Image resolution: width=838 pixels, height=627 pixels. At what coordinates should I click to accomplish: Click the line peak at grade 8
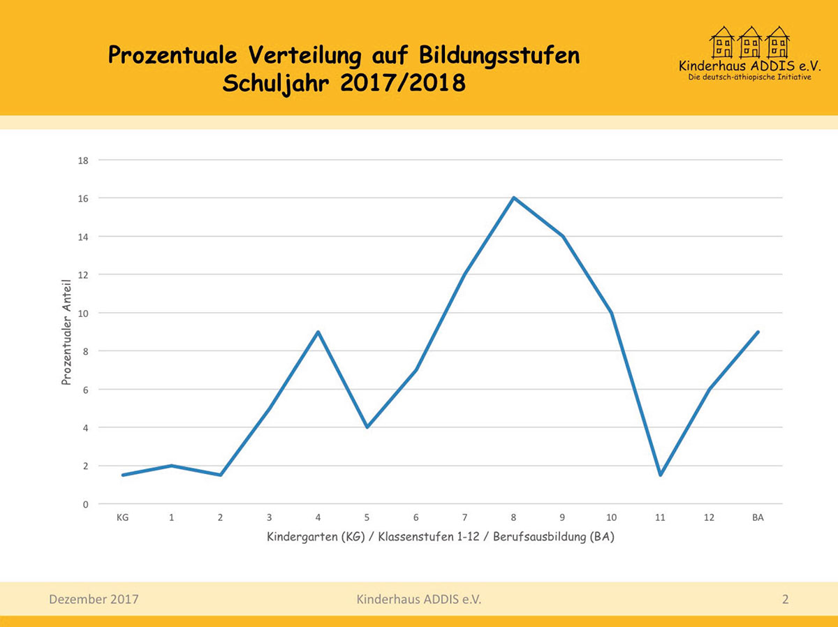coord(514,198)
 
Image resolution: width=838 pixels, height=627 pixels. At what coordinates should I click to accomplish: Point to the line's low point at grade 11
coord(660,475)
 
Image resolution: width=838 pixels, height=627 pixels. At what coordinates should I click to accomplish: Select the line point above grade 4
coord(318,332)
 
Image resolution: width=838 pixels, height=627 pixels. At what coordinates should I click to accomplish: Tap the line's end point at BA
coord(758,332)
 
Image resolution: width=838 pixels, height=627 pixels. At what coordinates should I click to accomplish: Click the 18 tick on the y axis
coord(83,160)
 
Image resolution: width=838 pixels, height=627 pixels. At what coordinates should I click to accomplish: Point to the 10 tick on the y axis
coord(83,313)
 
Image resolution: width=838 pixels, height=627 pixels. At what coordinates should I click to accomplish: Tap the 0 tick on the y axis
coord(85,504)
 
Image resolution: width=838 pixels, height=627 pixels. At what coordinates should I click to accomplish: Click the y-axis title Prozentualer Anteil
coord(67,332)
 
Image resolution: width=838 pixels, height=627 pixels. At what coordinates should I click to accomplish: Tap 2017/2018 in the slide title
coord(403,84)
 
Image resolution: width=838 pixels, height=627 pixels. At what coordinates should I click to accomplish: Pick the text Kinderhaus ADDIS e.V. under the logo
coord(749,66)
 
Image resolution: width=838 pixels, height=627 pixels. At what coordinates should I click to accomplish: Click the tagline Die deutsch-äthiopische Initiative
coord(749,78)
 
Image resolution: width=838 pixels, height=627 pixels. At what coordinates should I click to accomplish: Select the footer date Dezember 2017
coord(94,599)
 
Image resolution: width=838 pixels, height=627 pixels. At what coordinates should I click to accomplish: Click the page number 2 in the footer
coord(786,599)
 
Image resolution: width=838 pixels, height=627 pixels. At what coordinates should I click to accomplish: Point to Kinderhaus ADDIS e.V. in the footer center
coord(419,599)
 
